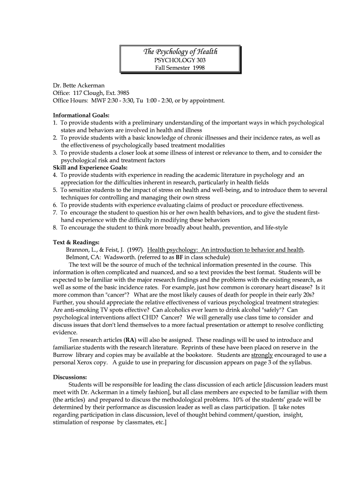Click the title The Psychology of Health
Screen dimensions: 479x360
point(180,52)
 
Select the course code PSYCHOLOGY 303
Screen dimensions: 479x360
point(180,60)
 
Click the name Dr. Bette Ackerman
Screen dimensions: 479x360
point(79,86)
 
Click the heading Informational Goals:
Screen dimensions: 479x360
point(81,115)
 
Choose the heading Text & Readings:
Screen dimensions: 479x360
point(76,242)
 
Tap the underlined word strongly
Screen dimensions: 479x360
point(262,355)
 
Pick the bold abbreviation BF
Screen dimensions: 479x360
point(179,257)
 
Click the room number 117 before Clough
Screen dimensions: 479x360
point(79,93)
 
